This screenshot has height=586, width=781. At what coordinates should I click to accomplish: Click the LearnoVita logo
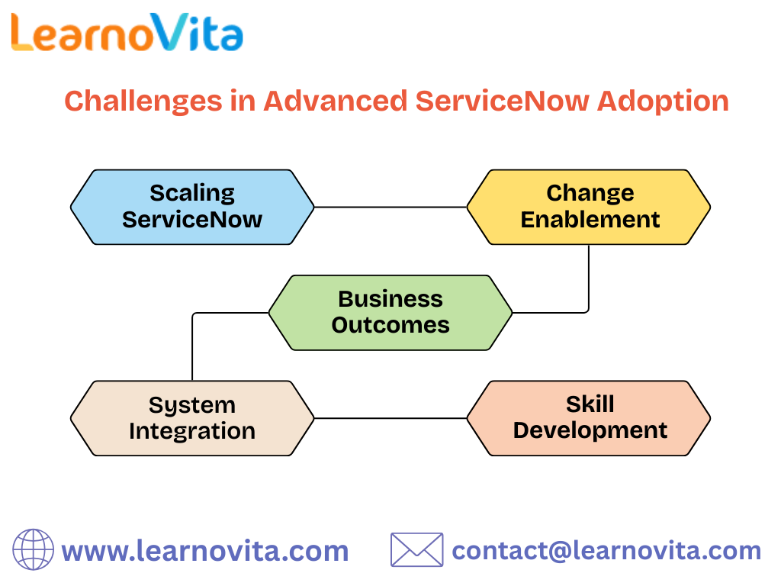[127, 33]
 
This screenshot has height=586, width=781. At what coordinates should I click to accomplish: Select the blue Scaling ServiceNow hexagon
[192, 207]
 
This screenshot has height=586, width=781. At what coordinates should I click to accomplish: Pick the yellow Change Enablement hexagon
[589, 207]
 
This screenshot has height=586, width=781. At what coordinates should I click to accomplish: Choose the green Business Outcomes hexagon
[390, 312]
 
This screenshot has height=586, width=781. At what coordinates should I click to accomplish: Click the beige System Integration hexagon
[192, 418]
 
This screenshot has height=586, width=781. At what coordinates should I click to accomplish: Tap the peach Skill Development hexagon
[589, 418]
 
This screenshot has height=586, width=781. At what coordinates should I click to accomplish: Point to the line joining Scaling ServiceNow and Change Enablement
[390, 207]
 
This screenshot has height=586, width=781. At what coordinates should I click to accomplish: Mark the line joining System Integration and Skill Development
[390, 418]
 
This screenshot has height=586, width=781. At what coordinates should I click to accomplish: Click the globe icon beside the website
[34, 550]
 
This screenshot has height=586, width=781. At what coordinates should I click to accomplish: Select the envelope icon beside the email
[416, 550]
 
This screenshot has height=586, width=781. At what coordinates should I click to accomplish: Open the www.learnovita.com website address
[204, 551]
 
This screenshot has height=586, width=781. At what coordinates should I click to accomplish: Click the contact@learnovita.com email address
[606, 551]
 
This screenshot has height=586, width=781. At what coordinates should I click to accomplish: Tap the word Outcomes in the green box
[390, 325]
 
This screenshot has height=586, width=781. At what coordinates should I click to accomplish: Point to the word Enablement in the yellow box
[590, 220]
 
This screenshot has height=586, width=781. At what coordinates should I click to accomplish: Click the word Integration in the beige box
[192, 431]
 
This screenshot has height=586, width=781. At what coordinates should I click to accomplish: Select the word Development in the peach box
[590, 430]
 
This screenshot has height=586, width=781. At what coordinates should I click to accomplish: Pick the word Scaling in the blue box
[192, 193]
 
